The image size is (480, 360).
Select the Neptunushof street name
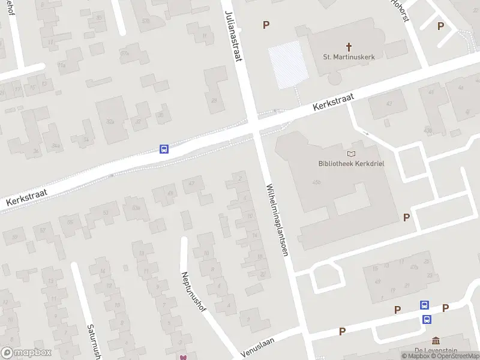coord(193,292)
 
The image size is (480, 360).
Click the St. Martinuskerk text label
coord(349,58)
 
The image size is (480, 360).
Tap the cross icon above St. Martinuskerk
coord(349,46)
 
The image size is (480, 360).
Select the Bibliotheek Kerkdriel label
coord(350,163)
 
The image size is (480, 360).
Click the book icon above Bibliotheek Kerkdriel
coord(351,154)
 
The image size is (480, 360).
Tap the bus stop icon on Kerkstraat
coord(164,149)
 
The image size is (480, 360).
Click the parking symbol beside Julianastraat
coord(266,25)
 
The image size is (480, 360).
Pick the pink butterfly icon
coord(183,357)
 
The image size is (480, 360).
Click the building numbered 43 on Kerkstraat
coord(388,104)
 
